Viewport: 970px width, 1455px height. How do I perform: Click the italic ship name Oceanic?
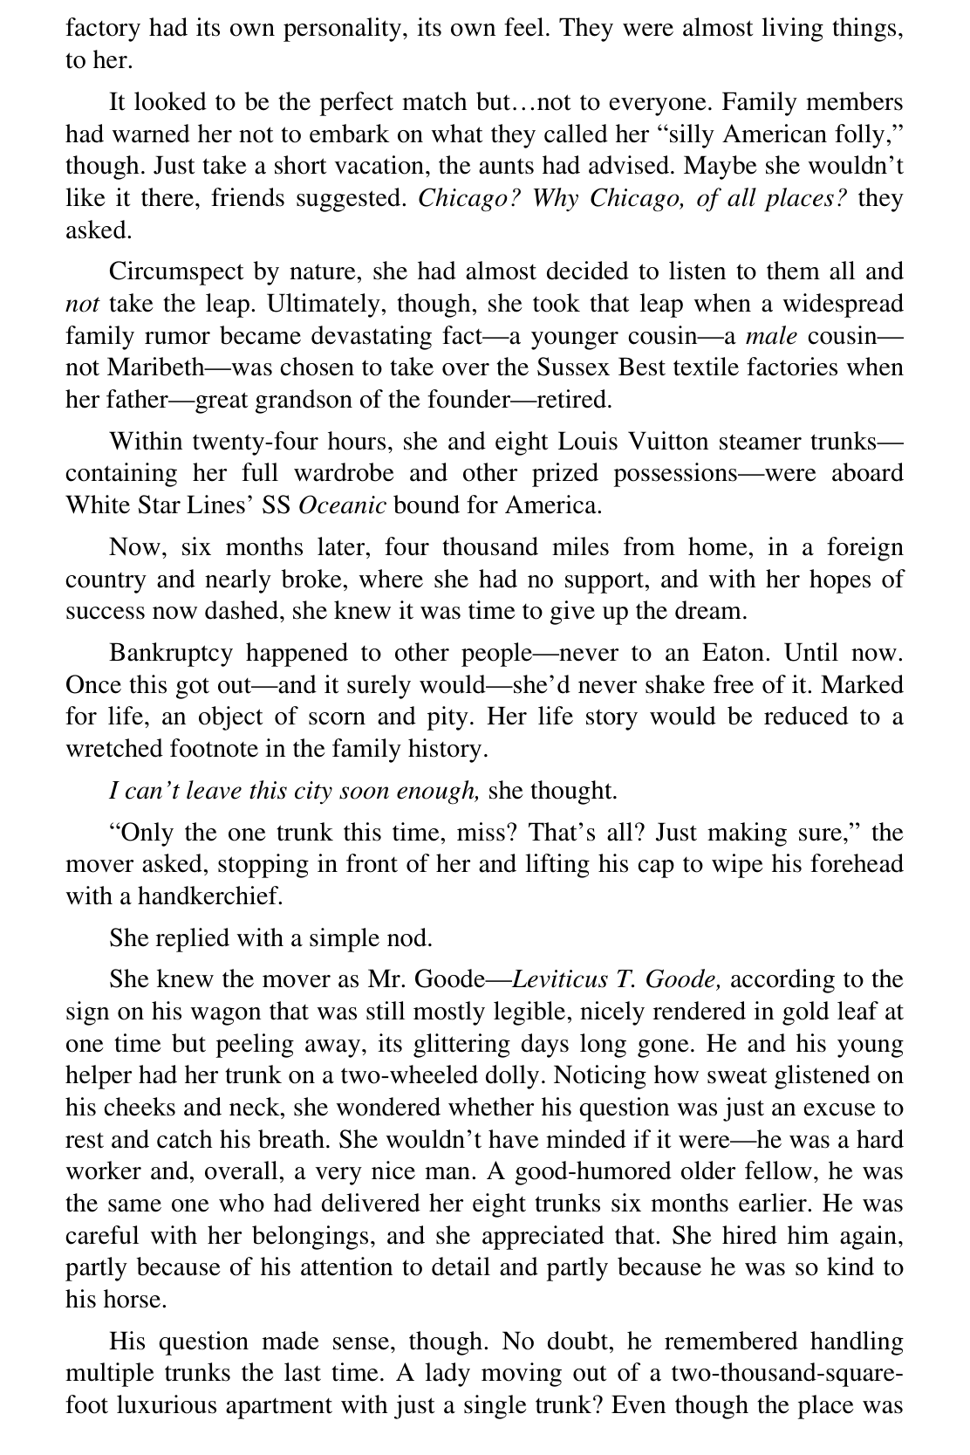coord(342,505)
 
